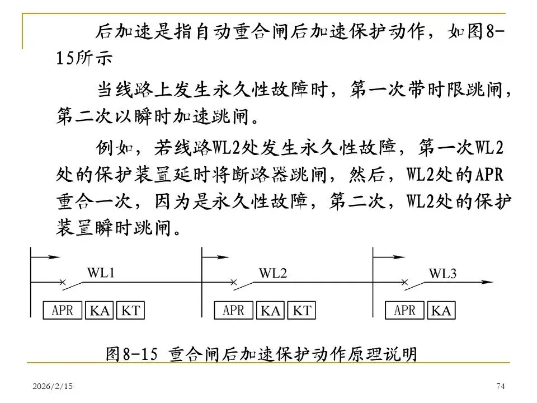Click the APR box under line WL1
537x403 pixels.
[x=63, y=310]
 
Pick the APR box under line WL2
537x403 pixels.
[x=234, y=310]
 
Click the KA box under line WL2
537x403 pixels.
[x=271, y=311]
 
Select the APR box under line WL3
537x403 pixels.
[x=405, y=310]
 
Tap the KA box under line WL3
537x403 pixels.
[x=441, y=311]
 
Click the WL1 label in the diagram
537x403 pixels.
[x=101, y=273]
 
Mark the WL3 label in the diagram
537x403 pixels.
[x=443, y=273]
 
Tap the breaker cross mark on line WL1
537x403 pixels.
[x=63, y=282]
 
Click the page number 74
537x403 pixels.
[x=501, y=387]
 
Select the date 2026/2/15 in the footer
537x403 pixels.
[x=48, y=387]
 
